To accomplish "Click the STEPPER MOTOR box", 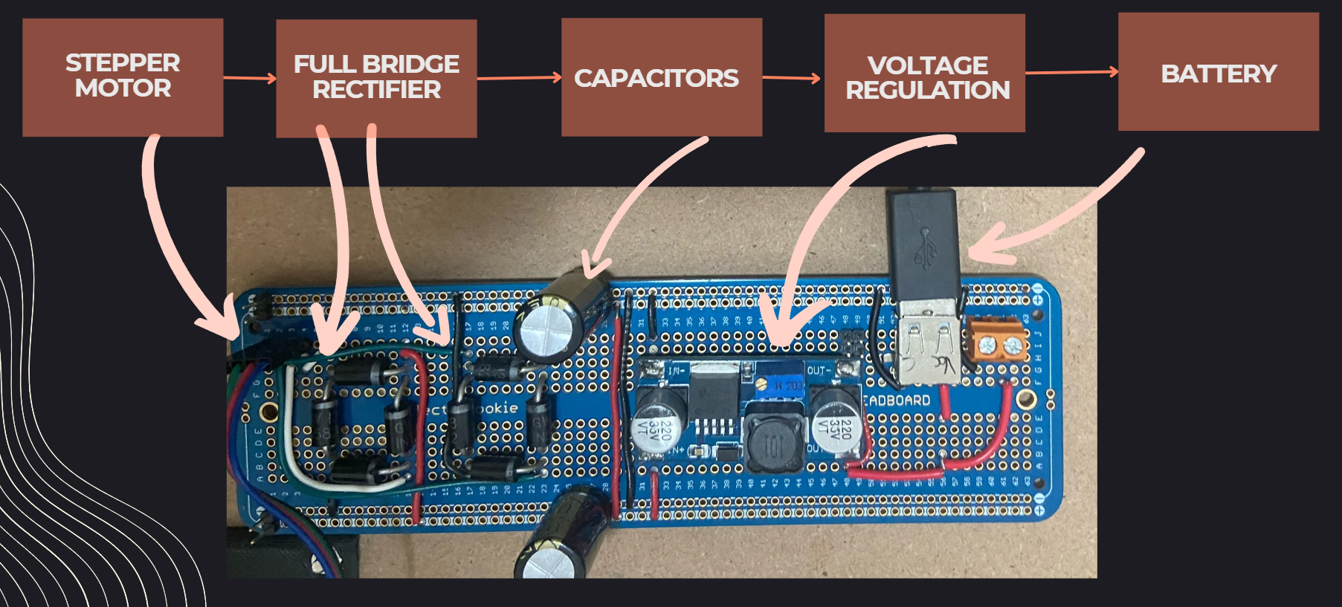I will click(123, 77).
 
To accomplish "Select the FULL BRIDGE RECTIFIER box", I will click(376, 78).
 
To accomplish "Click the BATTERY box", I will click(1218, 72).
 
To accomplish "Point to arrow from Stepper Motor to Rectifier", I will click(250, 77).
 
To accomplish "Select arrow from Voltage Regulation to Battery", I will click(1071, 72).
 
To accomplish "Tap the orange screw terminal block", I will click(998, 343).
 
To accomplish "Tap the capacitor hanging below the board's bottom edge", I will click(561, 535).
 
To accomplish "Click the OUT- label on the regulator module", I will click(817, 370).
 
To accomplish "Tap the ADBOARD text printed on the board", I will click(897, 400).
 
